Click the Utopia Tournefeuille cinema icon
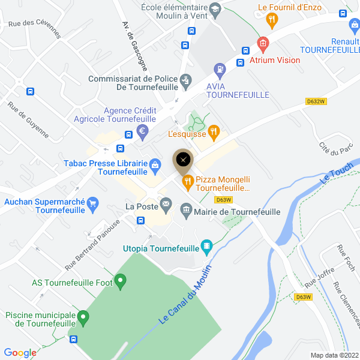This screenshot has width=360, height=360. [x=207, y=245]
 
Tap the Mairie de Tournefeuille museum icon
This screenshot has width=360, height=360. [x=185, y=209]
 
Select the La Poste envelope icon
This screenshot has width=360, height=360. [x=165, y=206]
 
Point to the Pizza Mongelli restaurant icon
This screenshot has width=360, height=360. [x=188, y=180]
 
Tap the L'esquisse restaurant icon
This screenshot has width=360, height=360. [x=212, y=131]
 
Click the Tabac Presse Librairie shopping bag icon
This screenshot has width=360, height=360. [x=155, y=164]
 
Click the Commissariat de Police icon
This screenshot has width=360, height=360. [x=185, y=79]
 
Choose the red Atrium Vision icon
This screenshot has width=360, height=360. [x=262, y=43]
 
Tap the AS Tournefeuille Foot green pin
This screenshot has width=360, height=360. [x=121, y=280]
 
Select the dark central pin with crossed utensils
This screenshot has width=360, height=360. [x=184, y=159]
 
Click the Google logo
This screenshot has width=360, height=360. [x=20, y=353]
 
